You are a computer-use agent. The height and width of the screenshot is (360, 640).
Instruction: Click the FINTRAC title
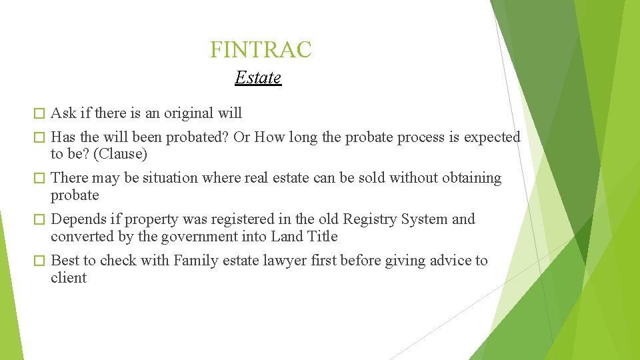tap(261, 49)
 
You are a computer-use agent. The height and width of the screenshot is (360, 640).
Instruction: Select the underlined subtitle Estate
tap(258, 78)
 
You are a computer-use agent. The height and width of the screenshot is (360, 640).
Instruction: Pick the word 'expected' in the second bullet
tap(492, 137)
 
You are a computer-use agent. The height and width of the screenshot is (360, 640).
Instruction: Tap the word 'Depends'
tap(75, 219)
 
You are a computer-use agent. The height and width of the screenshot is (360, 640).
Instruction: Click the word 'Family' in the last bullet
tap(195, 261)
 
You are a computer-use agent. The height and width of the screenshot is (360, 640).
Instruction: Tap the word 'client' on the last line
tap(69, 278)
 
